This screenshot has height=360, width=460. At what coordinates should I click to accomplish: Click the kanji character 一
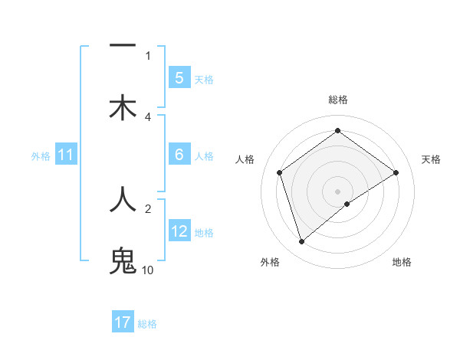(x=122, y=47)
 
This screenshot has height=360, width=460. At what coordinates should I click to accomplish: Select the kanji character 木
(x=122, y=108)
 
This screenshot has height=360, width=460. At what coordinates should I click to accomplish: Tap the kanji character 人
(x=122, y=200)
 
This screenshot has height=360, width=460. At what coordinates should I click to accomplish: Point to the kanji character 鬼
(x=122, y=261)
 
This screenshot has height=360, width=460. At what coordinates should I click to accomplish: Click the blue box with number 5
(x=179, y=78)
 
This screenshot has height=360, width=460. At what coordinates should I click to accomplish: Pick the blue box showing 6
(x=179, y=155)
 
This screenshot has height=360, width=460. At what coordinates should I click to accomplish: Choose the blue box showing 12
(x=179, y=231)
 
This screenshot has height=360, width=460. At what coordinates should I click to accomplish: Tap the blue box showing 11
(x=65, y=155)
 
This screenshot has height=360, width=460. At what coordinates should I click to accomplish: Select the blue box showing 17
(x=122, y=322)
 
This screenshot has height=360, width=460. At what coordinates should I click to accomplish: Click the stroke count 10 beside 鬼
(x=147, y=270)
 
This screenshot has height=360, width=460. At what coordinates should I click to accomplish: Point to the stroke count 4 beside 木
(x=148, y=116)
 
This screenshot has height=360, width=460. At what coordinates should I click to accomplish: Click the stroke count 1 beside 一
(x=148, y=55)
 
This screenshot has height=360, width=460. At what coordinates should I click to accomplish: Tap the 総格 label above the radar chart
(x=337, y=100)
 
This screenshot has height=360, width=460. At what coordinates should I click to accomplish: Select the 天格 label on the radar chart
(x=431, y=159)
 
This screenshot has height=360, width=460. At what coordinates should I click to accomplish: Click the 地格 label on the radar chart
(x=402, y=262)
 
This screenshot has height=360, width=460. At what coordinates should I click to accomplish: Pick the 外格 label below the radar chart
(x=270, y=262)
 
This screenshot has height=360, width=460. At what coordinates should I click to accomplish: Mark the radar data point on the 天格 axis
(x=396, y=172)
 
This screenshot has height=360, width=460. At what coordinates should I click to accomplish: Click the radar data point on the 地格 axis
(x=347, y=204)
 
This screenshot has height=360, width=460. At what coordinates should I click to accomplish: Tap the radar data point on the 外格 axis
(x=301, y=242)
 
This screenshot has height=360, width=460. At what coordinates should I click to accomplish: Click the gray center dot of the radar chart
(x=337, y=191)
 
